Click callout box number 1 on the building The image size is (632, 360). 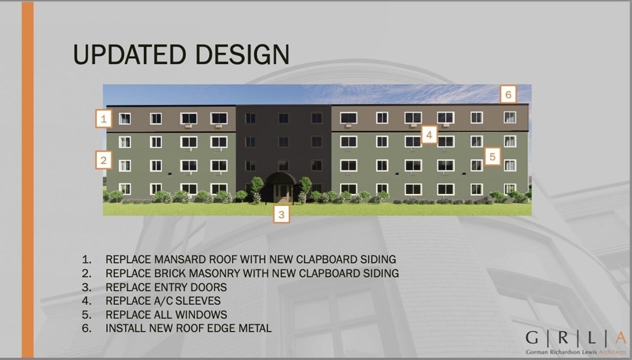pyautogui.click(x=104, y=119)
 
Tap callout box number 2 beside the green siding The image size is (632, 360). pyautogui.click(x=104, y=160)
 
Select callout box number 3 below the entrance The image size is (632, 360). pyautogui.click(x=281, y=214)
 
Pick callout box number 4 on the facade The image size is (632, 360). pyautogui.click(x=430, y=135)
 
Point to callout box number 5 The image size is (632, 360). pyautogui.click(x=493, y=156)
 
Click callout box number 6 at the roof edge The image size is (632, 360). pyautogui.click(x=509, y=94)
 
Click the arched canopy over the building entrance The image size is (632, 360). pyautogui.click(x=281, y=178)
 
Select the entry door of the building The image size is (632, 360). pyautogui.click(x=283, y=193)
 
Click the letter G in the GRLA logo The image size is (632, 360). pyautogui.click(x=532, y=338)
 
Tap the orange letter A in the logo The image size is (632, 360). pyautogui.click(x=620, y=338)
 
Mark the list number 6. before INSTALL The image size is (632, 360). pyautogui.click(x=86, y=328)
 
